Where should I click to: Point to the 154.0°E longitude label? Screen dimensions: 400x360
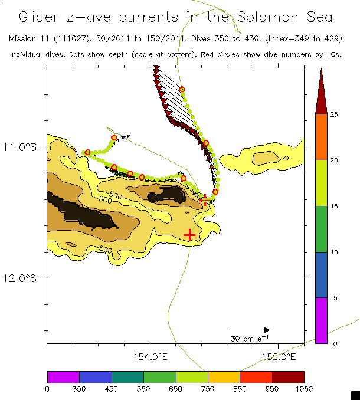(x=150, y=356)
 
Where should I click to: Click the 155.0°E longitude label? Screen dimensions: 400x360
(x=277, y=356)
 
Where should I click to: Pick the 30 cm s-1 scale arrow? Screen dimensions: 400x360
(x=250, y=330)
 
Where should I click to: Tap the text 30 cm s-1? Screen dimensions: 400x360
(x=250, y=339)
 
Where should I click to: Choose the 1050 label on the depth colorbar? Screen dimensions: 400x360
(x=305, y=388)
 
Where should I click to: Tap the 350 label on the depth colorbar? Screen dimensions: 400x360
(x=79, y=388)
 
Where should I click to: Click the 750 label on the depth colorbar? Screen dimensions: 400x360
(x=208, y=388)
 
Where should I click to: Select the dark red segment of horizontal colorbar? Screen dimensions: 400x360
(x=288, y=377)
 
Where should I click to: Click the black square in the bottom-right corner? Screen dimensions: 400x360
(x=355, y=395)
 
